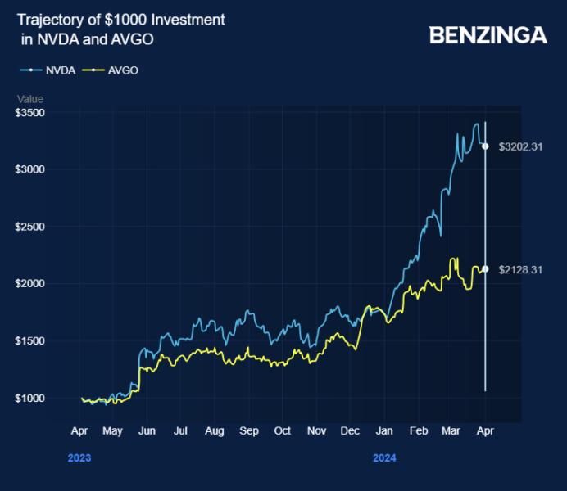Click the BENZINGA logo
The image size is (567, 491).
click(x=488, y=34)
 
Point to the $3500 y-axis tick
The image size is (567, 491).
click(x=29, y=112)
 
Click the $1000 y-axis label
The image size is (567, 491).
click(x=29, y=398)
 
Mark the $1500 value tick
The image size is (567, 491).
click(x=29, y=340)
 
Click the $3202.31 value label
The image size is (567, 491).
click(x=521, y=146)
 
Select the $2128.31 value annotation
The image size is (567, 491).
click(x=521, y=269)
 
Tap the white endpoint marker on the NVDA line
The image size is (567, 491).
click(x=485, y=146)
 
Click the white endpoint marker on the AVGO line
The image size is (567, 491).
click(x=485, y=269)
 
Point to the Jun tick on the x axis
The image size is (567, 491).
click(x=147, y=430)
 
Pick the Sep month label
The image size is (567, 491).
click(x=249, y=430)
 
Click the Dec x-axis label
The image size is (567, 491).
click(x=350, y=430)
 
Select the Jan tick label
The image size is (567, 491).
click(x=383, y=430)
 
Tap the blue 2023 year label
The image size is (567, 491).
click(x=79, y=458)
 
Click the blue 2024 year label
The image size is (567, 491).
click(x=383, y=458)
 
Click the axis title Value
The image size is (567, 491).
click(x=30, y=99)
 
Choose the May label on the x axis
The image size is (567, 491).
click(x=113, y=430)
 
